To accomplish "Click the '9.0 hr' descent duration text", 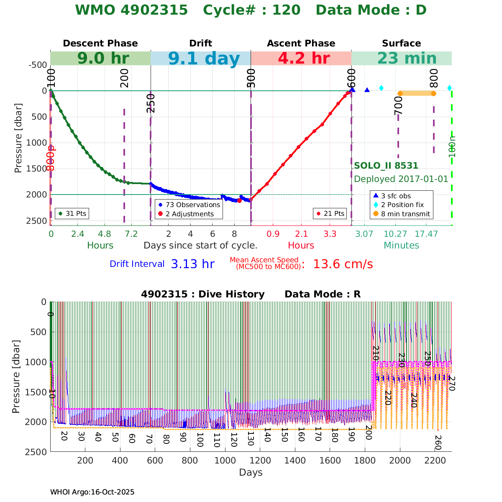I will tap(103, 59).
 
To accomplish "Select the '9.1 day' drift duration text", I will tap(204, 59).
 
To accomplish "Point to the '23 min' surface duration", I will tap(401, 59).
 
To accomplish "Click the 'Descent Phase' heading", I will tap(100, 44).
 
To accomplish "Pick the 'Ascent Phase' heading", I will tap(301, 44).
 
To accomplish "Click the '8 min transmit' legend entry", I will tap(405, 214).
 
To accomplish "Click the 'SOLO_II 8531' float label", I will tap(386, 166).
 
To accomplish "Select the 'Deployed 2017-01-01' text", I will tap(401, 179).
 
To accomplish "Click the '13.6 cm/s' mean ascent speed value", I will tap(343, 264).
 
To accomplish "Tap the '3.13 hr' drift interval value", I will tap(192, 264).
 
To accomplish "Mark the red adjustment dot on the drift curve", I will tap(239, 200).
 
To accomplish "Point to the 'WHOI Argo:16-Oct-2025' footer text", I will tap(92, 492).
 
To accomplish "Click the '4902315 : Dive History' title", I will tap(202, 295).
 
